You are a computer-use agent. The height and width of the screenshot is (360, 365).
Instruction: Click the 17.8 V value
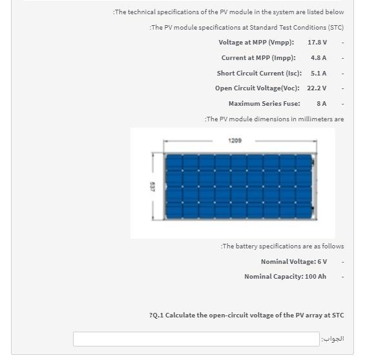pos(317,43)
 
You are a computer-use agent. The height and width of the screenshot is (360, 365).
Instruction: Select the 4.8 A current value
pos(318,58)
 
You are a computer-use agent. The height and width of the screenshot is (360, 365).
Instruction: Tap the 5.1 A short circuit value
pos(318,74)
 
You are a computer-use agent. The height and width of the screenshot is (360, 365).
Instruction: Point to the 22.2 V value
pos(317,88)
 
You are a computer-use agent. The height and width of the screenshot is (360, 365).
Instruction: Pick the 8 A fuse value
pos(321,104)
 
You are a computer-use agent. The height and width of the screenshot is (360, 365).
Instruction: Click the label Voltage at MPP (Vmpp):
pos(256,43)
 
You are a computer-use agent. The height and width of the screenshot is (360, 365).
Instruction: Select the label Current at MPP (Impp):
pos(258,58)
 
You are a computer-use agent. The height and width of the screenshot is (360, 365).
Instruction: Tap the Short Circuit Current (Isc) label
pos(259,74)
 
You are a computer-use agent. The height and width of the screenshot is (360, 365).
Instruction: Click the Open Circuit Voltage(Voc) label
pos(258,88)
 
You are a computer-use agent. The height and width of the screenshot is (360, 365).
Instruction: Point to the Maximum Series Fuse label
pos(264,104)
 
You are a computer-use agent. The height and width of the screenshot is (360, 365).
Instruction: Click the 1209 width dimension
pos(235,140)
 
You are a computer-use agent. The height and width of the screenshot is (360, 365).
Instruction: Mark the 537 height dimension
pos(152,186)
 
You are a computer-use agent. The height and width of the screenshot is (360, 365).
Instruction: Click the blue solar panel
pos(238,186)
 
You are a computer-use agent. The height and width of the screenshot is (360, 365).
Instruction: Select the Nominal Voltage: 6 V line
pos(294,262)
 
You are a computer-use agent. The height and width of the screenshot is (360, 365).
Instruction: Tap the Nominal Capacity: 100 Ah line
pos(285,277)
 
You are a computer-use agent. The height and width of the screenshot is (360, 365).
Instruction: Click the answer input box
pos(196,339)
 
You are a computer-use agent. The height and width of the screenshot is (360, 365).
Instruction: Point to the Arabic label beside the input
pos(333,339)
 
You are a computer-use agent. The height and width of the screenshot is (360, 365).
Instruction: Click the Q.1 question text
pos(247,315)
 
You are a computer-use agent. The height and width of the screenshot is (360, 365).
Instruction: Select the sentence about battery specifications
pos(282,246)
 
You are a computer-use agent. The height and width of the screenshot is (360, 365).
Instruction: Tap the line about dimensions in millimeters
pos(274,119)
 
